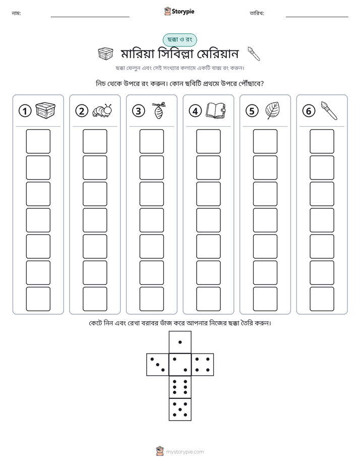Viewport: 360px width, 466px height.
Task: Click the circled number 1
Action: pos(25,111)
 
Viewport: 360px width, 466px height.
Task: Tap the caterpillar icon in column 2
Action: pos(102,111)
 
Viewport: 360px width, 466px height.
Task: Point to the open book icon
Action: pos(216,110)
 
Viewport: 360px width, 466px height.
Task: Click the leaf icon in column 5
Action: pos(272,110)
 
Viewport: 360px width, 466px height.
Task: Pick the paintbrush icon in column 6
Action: pos(329,110)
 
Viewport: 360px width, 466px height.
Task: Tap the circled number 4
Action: pos(195,111)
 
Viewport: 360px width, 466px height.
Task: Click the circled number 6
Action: pos(309,111)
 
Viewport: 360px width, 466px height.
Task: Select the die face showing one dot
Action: pos(180,342)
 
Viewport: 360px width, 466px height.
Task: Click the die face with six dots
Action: pos(180,387)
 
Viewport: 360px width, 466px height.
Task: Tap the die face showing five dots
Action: pos(180,410)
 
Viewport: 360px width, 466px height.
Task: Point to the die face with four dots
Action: pos(203,365)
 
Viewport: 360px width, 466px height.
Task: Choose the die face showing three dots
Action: pos(158,365)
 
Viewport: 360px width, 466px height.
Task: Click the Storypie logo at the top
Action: pos(179,11)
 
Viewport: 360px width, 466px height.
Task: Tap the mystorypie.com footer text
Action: pos(185,452)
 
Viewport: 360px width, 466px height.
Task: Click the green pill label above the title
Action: pos(179,39)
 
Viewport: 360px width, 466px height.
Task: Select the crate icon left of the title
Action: pos(105,54)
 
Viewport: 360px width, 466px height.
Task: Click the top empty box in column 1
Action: pos(38,141)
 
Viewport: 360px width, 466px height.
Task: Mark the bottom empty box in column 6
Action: pos(322,299)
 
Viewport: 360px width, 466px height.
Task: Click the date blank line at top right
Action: pos(317,17)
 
